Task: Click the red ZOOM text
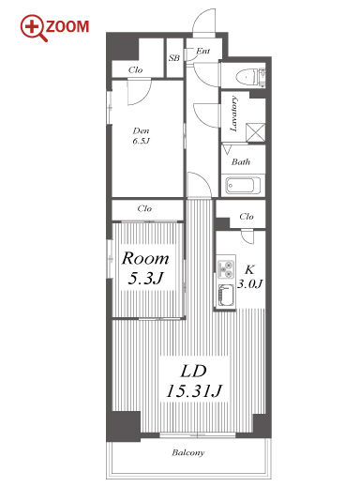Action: (x=67, y=26)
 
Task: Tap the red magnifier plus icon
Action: (x=33, y=27)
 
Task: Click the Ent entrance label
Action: (x=202, y=51)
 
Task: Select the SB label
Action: (x=174, y=58)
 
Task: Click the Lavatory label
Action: (x=233, y=114)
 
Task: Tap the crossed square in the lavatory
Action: (x=255, y=133)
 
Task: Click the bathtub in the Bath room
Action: (x=244, y=186)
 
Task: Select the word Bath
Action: (x=241, y=161)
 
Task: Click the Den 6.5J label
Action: (x=142, y=135)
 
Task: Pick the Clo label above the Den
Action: (x=135, y=69)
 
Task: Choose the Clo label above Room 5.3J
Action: (x=144, y=208)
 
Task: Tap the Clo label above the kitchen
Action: (x=247, y=216)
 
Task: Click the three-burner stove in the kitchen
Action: (x=226, y=268)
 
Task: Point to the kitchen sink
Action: (x=226, y=295)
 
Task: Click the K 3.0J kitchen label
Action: (x=249, y=277)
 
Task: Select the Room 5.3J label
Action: (x=145, y=268)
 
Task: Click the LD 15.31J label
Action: (x=194, y=381)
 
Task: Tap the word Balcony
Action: (x=188, y=452)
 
